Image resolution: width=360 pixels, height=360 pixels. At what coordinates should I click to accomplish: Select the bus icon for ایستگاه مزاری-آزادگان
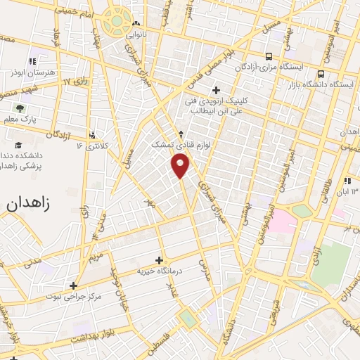pos(268,56)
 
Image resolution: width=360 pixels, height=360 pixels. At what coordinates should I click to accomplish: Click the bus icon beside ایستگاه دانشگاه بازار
pos(321,73)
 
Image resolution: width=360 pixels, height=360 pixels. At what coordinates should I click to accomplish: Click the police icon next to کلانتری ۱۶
pos(93,134)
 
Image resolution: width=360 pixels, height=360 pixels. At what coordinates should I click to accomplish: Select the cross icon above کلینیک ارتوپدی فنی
pos(216,89)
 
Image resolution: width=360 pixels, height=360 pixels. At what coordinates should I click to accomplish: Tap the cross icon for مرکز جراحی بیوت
pos(73,285)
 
